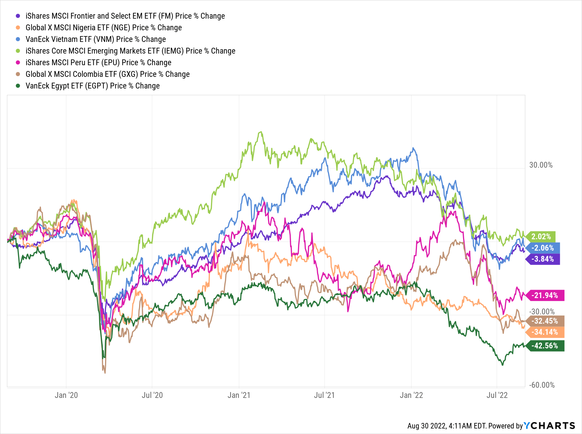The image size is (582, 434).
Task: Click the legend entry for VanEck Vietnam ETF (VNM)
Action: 95,39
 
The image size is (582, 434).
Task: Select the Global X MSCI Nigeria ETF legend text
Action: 103,28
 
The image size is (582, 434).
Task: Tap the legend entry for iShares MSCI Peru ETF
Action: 98,63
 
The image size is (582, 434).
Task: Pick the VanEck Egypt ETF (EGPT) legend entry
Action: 92,86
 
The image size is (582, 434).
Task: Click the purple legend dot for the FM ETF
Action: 18,16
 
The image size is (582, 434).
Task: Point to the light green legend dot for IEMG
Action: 18,51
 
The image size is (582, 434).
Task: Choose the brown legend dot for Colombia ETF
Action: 18,74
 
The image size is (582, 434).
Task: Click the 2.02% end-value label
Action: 541,236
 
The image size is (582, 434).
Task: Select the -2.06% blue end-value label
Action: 543,248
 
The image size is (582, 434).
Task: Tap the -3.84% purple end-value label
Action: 543,259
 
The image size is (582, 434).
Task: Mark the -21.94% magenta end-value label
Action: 545,295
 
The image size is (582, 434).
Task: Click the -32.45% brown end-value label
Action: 545,321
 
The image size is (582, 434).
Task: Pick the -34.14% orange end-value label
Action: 545,332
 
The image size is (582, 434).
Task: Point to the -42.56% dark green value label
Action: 545,346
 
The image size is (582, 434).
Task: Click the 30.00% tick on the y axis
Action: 541,165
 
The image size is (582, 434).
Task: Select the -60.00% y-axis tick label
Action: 542,385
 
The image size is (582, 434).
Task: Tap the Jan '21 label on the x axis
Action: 239,395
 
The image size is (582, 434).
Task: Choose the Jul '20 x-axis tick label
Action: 152,395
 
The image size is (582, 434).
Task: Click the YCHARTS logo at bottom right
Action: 549,426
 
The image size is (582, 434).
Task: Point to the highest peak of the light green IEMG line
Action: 261,132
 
